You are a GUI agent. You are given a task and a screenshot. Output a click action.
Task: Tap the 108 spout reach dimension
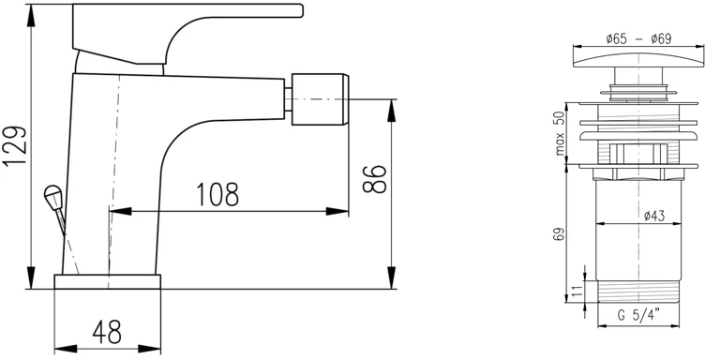click(x=217, y=194)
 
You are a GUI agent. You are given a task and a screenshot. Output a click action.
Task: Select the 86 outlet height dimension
click(x=375, y=179)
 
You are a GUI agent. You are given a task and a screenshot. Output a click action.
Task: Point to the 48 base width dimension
click(x=107, y=332)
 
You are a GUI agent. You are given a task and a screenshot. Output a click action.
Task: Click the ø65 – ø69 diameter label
click(x=638, y=39)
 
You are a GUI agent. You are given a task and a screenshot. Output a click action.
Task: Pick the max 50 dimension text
click(x=560, y=132)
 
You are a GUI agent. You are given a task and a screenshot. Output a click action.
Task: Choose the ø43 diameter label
click(x=654, y=217)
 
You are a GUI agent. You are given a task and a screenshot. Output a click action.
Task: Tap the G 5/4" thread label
click(x=638, y=315)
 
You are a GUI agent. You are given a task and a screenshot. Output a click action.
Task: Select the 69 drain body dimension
click(x=559, y=234)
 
